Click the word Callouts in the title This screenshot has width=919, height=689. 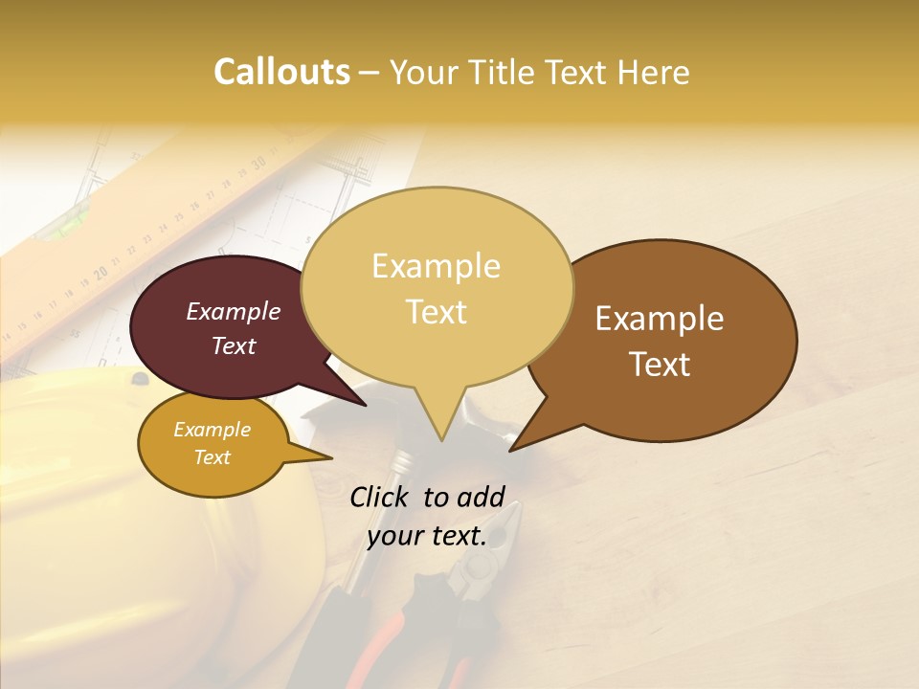tap(281, 72)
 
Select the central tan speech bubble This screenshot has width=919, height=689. tap(437, 287)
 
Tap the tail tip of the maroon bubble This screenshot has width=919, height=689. tap(365, 405)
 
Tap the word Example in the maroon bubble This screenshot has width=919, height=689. tap(233, 311)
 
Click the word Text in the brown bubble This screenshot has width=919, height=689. tap(661, 365)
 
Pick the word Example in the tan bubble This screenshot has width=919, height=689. tap(436, 266)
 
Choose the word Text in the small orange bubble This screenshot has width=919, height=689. tap(212, 457)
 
